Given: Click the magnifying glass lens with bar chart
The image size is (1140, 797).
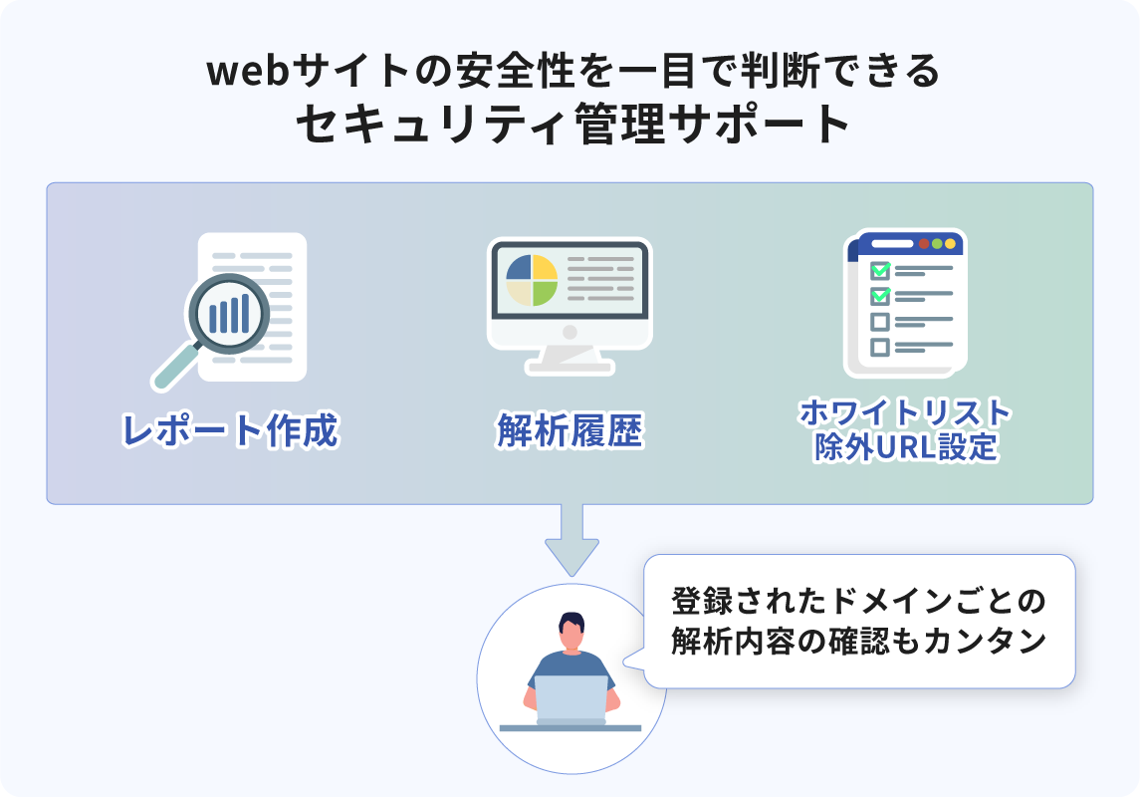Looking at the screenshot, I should (230, 314).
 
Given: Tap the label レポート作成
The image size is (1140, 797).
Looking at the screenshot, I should (230, 431).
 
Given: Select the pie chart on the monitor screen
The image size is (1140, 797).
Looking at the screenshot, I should (531, 280).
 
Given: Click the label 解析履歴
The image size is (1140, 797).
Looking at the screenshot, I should (570, 432).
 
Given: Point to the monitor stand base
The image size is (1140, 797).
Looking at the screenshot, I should (570, 366).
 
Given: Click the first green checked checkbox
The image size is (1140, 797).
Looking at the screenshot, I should (880, 270).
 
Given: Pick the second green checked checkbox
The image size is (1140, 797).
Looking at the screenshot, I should (880, 296).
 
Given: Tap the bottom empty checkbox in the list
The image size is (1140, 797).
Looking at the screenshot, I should (880, 347).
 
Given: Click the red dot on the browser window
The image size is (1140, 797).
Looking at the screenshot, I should (925, 243).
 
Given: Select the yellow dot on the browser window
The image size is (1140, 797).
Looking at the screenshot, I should (950, 243).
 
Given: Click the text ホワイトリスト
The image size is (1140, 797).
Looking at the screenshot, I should (905, 411).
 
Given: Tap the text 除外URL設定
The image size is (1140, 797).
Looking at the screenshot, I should (905, 446).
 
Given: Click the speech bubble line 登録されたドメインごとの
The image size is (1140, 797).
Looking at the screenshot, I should (858, 602).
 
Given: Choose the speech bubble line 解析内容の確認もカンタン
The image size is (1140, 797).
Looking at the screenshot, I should (858, 642).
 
